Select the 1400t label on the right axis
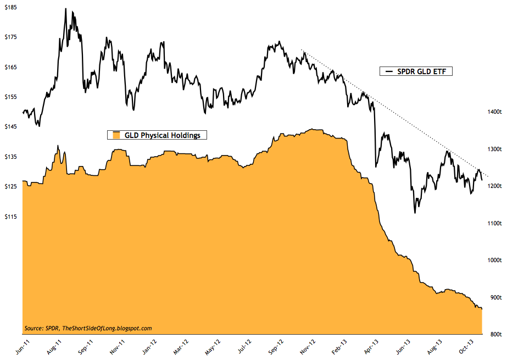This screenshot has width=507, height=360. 493,112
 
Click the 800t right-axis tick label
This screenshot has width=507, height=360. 493,334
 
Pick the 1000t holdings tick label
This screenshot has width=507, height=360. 493,260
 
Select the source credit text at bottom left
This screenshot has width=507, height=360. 88,328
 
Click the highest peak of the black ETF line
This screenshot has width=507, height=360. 65,9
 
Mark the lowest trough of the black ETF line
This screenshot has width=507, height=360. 415,213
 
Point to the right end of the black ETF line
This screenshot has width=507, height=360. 482,180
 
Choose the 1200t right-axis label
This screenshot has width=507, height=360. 493,186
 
